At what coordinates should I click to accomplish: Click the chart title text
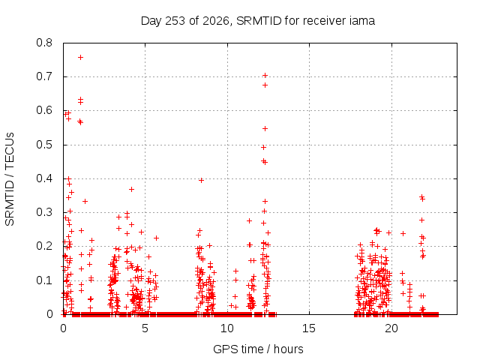[x=258, y=21]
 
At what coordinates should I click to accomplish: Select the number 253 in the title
[x=175, y=21]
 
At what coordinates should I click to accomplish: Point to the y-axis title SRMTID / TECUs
[x=10, y=179]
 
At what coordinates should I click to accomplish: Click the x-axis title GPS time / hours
[x=258, y=349]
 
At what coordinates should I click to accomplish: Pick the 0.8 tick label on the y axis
[x=44, y=43]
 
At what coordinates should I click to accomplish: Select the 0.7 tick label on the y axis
[x=44, y=76]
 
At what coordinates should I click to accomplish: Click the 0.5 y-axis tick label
[x=44, y=145]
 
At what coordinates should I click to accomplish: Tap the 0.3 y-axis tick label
[x=44, y=212]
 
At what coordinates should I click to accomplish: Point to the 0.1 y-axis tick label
[x=44, y=280]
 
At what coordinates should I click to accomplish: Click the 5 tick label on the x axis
[x=145, y=328]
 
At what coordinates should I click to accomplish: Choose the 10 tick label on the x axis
[x=226, y=328]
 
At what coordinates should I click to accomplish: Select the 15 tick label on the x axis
[x=309, y=328]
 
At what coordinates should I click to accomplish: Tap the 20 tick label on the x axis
[x=391, y=328]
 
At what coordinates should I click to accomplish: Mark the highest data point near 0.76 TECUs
[x=80, y=57]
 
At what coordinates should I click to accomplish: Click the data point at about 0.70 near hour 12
[x=265, y=75]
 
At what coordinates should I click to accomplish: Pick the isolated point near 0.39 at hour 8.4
[x=201, y=181]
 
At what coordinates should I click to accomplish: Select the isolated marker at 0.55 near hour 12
[x=265, y=128]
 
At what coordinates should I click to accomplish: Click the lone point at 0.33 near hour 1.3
[x=85, y=202]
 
